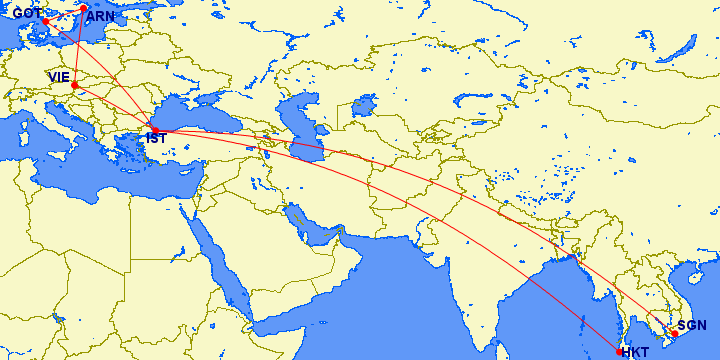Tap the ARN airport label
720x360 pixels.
tap(101, 17)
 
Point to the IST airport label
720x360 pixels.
tap(156, 138)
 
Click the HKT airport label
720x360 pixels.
tap(635, 352)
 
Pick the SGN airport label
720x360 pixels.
tap(692, 325)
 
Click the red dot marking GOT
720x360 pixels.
tap(45, 21)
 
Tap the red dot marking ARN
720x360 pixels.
tap(84, 9)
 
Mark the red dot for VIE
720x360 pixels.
tap(75, 85)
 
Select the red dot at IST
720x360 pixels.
tap(154, 130)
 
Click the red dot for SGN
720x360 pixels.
tap(674, 333)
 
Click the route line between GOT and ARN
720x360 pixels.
tap(64, 15)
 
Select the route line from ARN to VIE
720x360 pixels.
tap(80, 45)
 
